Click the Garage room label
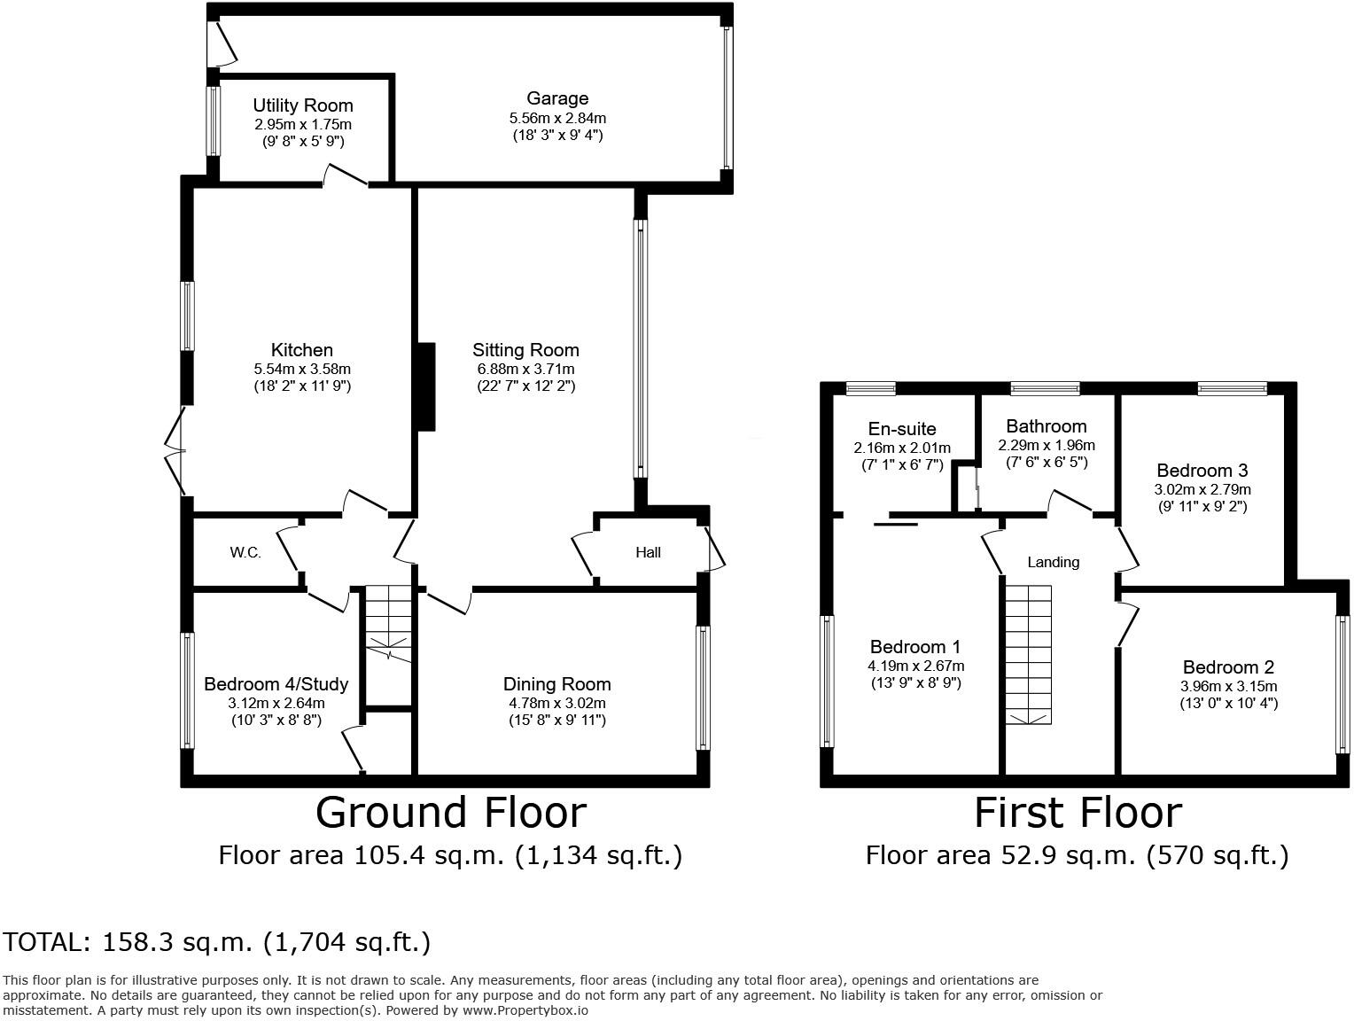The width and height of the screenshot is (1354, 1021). [x=556, y=98]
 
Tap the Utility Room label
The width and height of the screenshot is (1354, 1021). [x=302, y=105]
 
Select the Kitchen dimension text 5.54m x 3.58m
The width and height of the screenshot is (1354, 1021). [x=302, y=369]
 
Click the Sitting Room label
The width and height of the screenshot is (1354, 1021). [x=525, y=350]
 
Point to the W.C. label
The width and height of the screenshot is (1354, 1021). [x=245, y=553]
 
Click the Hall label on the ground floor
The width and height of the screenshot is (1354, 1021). [x=648, y=553]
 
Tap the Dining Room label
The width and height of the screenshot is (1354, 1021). [x=556, y=684]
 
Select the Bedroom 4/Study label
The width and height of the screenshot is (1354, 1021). [x=276, y=684]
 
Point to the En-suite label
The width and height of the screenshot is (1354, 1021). [x=902, y=429]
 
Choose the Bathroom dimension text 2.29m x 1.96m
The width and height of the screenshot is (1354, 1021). [x=1046, y=445]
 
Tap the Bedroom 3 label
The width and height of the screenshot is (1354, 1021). [x=1202, y=471]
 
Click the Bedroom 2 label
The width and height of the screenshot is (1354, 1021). [x=1227, y=667]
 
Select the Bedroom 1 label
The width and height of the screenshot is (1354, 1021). [x=914, y=647]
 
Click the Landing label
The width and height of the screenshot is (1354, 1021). [x=1053, y=562]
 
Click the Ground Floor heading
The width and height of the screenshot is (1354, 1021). [x=450, y=813]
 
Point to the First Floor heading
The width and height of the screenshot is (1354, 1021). [x=1078, y=813]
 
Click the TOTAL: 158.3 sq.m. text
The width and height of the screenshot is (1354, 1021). [x=217, y=942]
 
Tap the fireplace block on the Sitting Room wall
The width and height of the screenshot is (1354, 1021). [x=426, y=386]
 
